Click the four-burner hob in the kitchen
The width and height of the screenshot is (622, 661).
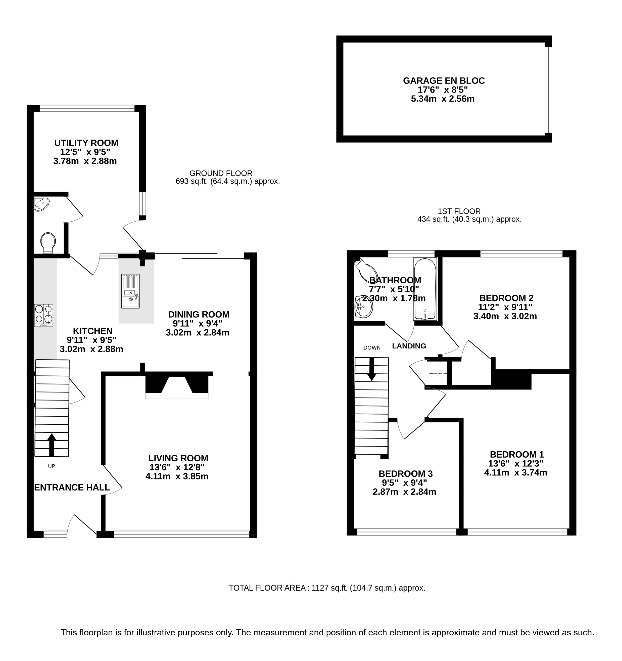(x=43, y=315)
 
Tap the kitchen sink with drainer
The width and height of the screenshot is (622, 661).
(x=130, y=291)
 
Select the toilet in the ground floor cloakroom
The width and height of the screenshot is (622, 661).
(x=48, y=243)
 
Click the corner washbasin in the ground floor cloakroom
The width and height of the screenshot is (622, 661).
(x=41, y=204)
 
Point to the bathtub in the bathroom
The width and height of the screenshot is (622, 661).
(x=425, y=289)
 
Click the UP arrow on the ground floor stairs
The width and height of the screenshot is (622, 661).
(x=52, y=445)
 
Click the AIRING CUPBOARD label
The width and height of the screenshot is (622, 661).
(x=438, y=373)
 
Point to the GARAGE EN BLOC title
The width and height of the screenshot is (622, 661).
(x=444, y=81)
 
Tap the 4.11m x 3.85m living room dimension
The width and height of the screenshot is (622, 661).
(x=177, y=476)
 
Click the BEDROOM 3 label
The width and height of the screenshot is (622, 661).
(x=406, y=473)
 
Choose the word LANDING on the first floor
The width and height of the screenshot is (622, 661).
(x=409, y=346)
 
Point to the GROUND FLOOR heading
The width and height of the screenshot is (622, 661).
(x=221, y=173)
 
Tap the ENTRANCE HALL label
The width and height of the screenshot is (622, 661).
(x=72, y=488)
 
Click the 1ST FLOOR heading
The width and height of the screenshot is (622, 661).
(x=459, y=211)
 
